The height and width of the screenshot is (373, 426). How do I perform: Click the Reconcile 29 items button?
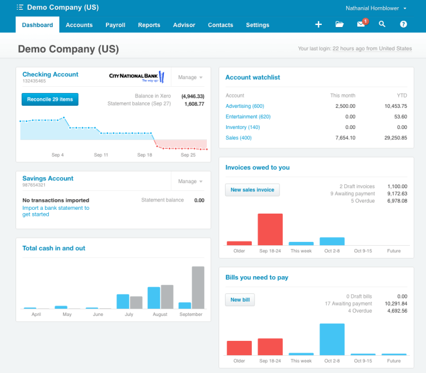tap(50, 100)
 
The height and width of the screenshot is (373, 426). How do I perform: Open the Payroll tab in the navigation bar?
tap(115, 25)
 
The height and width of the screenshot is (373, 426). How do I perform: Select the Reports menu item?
tap(149, 25)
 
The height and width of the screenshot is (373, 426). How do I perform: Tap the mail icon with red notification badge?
tap(361, 24)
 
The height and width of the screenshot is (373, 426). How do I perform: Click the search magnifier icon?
tap(382, 24)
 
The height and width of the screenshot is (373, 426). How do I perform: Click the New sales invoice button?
tap(252, 190)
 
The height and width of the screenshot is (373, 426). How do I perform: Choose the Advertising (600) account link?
tap(245, 106)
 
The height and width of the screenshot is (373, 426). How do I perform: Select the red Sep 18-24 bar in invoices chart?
tap(270, 229)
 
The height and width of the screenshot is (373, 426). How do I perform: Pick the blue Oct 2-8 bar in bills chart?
tap(332, 339)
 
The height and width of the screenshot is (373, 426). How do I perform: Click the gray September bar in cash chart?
tap(198, 287)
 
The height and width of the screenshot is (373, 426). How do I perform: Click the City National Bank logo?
tap(136, 77)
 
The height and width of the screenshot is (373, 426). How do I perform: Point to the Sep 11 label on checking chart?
tap(101, 155)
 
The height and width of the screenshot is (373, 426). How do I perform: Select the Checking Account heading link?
tap(50, 74)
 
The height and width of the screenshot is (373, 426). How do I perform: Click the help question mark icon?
tap(403, 24)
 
